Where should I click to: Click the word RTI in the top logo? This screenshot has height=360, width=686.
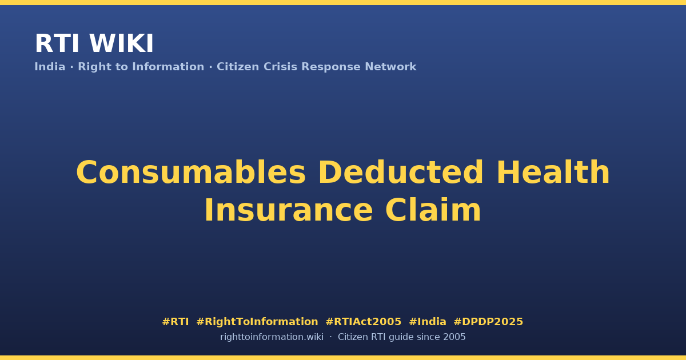[57, 43]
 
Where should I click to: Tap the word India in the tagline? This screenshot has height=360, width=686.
[50, 67]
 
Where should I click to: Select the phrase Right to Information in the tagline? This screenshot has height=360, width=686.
[141, 67]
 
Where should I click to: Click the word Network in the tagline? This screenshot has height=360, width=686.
[390, 67]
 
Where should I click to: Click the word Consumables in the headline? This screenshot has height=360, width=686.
[191, 173]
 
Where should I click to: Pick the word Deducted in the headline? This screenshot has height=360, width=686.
[401, 172]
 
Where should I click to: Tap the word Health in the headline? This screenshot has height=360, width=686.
[553, 172]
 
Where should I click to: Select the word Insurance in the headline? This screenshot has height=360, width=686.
[289, 210]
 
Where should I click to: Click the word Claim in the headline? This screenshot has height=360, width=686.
[433, 210]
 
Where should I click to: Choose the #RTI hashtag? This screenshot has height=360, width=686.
[175, 322]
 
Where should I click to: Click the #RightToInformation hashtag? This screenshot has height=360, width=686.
[257, 322]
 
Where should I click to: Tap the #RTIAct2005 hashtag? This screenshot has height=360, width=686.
[364, 322]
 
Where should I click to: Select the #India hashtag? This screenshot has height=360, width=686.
[428, 322]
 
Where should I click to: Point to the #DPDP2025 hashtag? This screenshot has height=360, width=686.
[488, 322]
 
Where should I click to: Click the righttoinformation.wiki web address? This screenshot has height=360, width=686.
[272, 337]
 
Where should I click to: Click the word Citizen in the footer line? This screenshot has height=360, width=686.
[353, 337]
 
